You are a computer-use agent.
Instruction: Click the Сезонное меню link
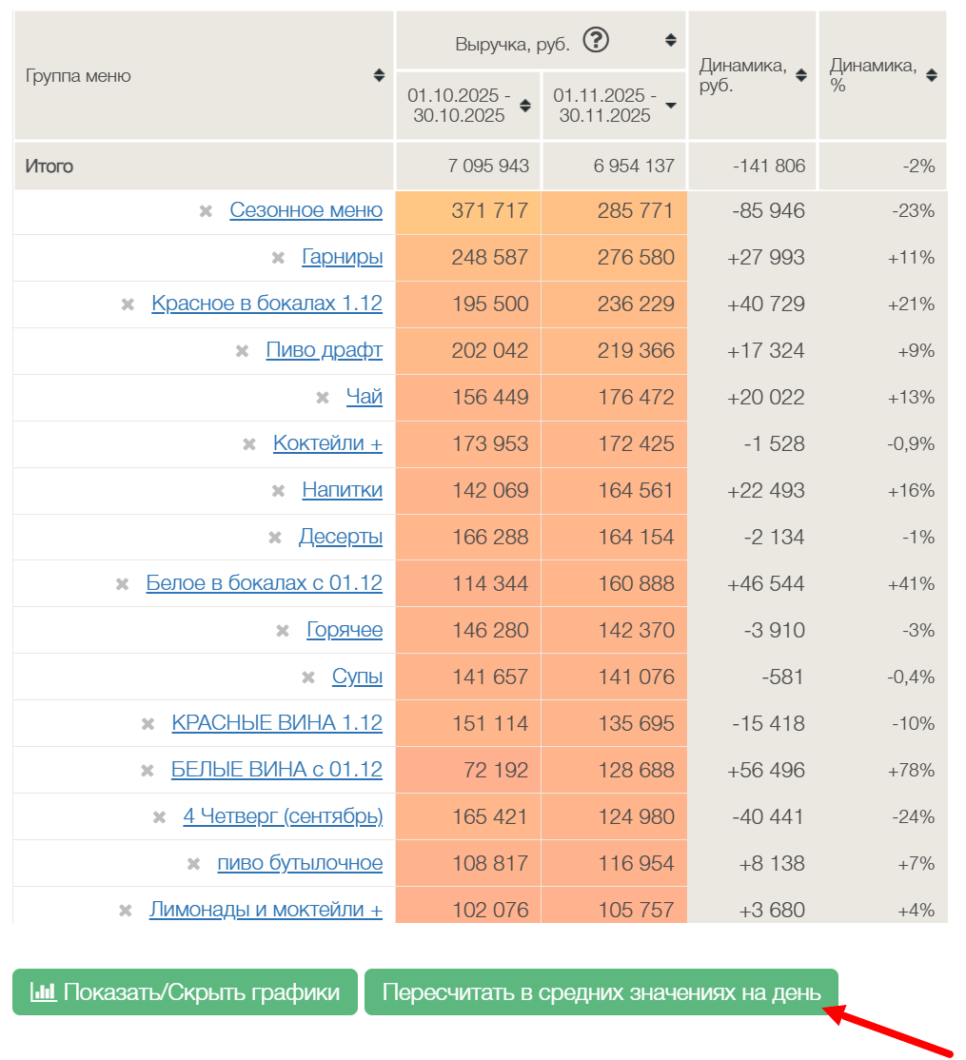(x=306, y=210)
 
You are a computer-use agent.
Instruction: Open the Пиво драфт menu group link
(x=324, y=350)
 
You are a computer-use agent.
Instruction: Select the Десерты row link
(x=340, y=537)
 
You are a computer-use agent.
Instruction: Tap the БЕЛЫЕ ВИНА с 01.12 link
(x=276, y=770)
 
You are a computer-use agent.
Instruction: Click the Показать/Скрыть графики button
(x=185, y=992)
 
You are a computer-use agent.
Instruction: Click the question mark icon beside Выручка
(x=596, y=41)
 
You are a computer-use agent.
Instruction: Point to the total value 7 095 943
(x=488, y=167)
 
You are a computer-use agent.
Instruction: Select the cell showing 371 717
(x=489, y=211)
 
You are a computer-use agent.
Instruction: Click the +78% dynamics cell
(x=911, y=771)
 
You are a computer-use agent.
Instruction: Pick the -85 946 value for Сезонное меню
(x=768, y=211)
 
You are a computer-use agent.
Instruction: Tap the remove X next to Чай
(x=323, y=398)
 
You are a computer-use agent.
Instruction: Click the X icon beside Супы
(x=308, y=677)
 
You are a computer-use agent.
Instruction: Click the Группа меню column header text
(x=78, y=76)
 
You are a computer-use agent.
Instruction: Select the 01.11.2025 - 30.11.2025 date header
(x=604, y=106)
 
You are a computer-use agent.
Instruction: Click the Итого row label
(x=49, y=167)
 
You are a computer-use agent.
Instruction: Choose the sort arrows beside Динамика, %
(x=931, y=75)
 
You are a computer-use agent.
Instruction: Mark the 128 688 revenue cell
(x=636, y=771)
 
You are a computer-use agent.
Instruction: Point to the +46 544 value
(x=766, y=584)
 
